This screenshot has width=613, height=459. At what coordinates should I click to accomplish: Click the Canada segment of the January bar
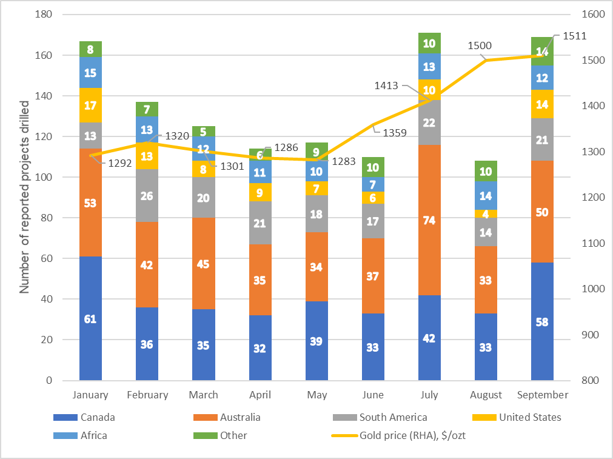click(90, 318)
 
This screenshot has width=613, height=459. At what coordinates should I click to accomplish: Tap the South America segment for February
click(147, 195)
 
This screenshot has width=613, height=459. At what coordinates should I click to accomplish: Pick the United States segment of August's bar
click(486, 213)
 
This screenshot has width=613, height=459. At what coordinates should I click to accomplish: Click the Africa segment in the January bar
click(90, 73)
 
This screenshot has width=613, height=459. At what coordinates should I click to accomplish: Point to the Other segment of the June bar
click(373, 167)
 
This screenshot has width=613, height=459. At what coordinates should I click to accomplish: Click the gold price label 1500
click(480, 45)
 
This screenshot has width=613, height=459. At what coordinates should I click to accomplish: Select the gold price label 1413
click(386, 85)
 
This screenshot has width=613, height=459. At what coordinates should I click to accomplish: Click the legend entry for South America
click(392, 417)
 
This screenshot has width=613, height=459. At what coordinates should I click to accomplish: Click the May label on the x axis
click(317, 395)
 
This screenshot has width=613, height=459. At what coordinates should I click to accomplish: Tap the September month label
click(543, 395)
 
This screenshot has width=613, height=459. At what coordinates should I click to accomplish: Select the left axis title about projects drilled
click(24, 207)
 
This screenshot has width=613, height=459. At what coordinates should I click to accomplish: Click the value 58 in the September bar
click(542, 322)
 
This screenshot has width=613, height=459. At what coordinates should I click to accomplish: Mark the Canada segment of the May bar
click(317, 341)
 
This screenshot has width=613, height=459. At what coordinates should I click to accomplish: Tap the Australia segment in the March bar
click(203, 263)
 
